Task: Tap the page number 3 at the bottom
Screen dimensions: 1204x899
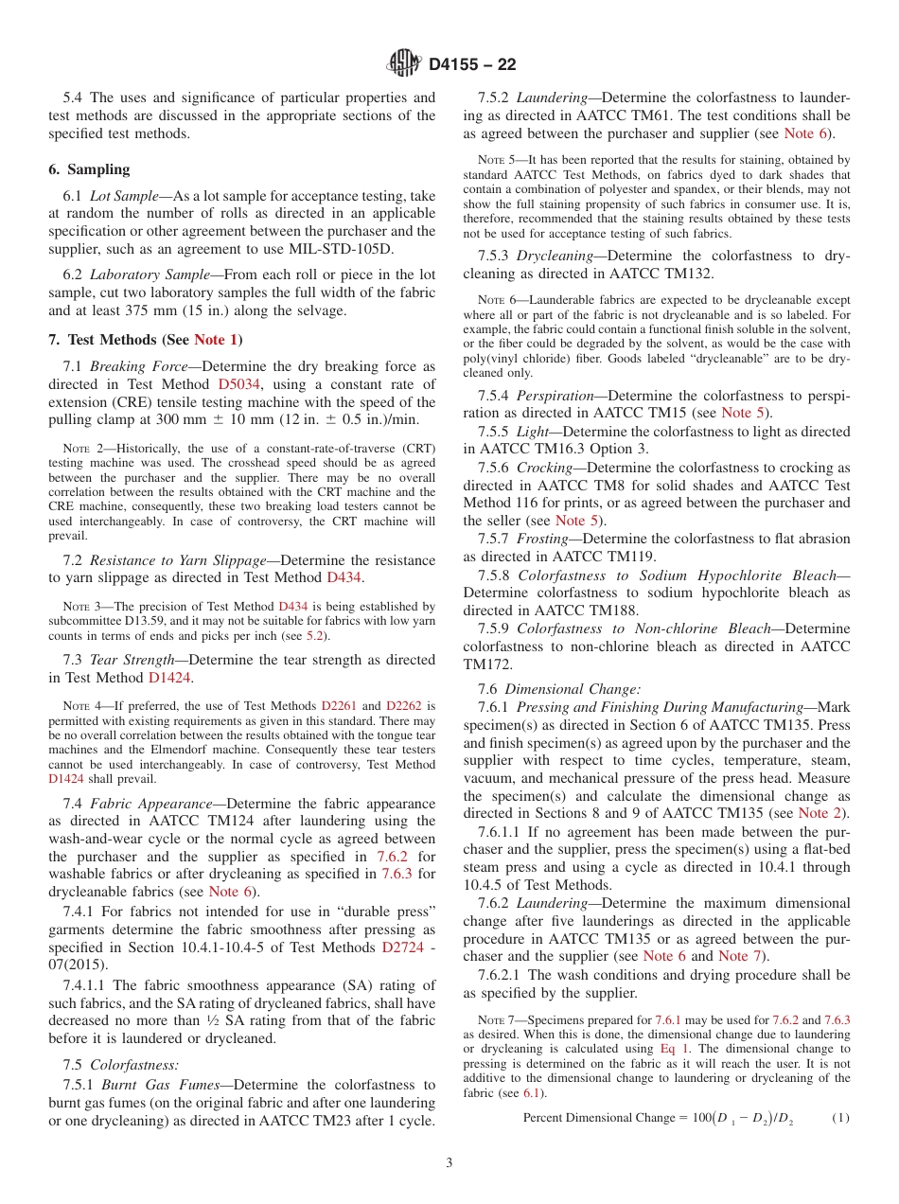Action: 449,1163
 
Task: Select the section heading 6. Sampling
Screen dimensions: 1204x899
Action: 89,169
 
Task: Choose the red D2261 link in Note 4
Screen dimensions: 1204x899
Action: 337,705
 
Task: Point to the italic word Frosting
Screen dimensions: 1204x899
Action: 543,539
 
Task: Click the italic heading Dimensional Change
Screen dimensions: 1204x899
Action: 573,689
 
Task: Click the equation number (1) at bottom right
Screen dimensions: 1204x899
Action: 839,1118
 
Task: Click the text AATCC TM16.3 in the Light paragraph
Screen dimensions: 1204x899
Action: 536,449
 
